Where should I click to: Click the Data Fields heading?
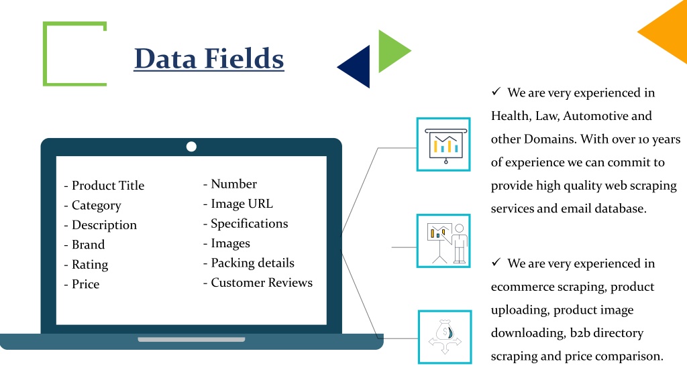209,59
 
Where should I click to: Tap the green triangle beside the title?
392,51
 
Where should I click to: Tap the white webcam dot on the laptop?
191,147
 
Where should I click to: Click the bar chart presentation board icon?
443,145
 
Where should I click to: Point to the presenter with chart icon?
443,241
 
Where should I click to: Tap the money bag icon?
445,337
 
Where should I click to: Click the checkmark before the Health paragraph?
496,91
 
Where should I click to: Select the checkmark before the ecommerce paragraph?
496,262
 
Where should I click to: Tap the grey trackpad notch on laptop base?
191,339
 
